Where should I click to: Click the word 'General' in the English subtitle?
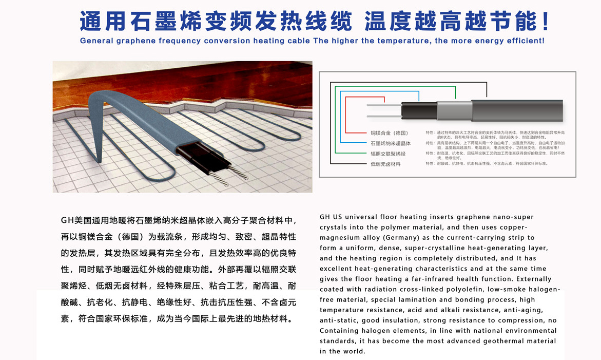point(98,41)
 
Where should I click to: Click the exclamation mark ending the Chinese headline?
point(545,21)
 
